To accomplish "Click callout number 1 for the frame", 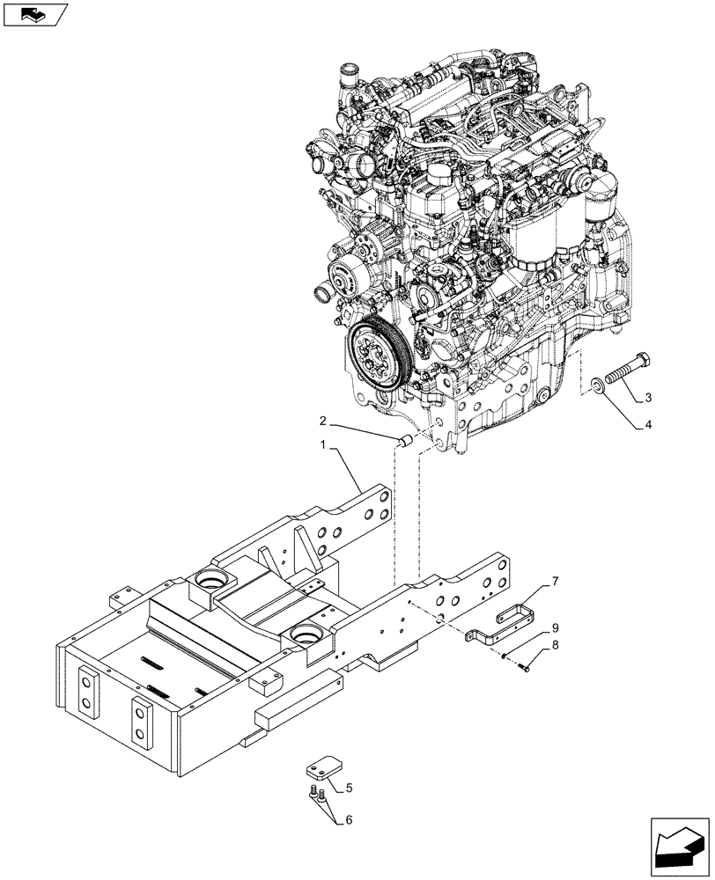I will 325,449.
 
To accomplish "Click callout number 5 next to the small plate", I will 349,787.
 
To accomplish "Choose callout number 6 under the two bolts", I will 349,820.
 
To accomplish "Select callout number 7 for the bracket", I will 556,582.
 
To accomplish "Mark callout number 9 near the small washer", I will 556,628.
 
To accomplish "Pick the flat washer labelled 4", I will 598,385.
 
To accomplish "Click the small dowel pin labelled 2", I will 406,438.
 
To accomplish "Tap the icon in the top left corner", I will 35,15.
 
